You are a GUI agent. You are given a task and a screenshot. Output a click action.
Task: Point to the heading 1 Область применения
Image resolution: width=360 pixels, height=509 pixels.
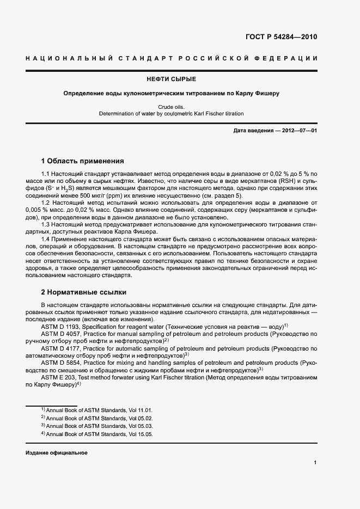[83, 161]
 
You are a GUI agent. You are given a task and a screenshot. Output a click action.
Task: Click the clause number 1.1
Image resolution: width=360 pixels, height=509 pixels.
[45, 173]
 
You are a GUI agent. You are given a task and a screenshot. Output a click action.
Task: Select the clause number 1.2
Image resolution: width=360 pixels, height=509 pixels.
[45, 203]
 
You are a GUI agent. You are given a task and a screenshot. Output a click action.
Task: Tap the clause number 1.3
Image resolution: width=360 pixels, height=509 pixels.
[45, 224]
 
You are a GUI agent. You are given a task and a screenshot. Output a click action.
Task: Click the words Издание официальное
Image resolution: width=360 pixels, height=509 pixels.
[56, 453]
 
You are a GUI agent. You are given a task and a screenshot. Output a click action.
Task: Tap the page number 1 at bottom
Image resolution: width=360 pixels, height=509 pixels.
[315, 463]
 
